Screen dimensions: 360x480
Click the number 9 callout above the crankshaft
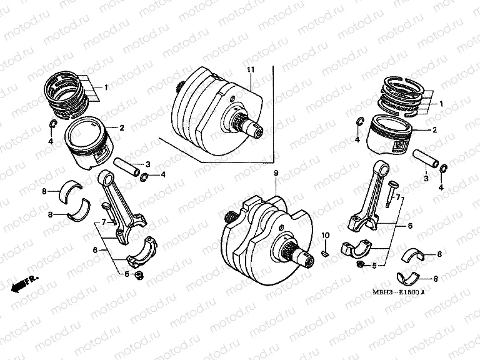(274, 172)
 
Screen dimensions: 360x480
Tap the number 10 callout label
(325, 235)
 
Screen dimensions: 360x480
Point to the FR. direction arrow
(24, 282)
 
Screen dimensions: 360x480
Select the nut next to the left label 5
(137, 275)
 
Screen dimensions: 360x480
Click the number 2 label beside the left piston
(122, 127)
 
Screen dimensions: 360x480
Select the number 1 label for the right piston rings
(441, 104)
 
